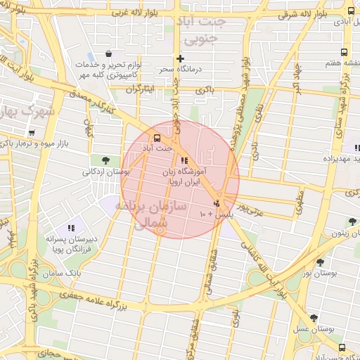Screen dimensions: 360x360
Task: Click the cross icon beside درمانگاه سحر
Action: coord(181,59)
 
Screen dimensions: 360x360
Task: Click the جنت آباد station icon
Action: coord(156,138)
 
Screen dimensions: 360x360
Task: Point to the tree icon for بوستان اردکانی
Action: coord(105,160)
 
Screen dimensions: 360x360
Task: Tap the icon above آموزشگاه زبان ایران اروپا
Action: coord(184,160)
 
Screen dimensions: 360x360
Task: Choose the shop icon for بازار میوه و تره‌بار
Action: coord(32,133)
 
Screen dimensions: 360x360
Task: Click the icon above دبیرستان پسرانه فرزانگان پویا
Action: coord(71,228)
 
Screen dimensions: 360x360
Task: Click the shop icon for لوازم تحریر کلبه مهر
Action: coord(108,53)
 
